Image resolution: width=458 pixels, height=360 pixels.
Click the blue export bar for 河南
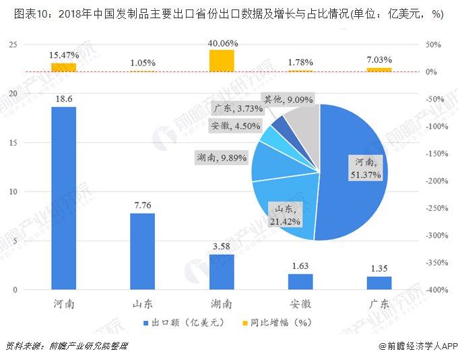point(64,198)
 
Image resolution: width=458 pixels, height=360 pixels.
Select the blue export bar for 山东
point(143,251)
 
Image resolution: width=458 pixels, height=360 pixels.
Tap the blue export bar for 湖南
point(222,272)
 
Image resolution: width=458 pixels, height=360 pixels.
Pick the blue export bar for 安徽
point(300,281)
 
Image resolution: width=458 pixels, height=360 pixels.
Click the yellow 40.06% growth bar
point(222,61)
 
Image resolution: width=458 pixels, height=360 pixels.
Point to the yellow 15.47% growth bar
point(64,67)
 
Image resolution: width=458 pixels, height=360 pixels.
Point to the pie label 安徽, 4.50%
point(235,125)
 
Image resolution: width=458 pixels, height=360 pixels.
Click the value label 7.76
point(143,203)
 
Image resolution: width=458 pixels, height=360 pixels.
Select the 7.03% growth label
point(379,60)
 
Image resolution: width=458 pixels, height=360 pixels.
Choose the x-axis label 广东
point(379,303)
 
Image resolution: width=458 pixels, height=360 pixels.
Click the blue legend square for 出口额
point(146,322)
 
